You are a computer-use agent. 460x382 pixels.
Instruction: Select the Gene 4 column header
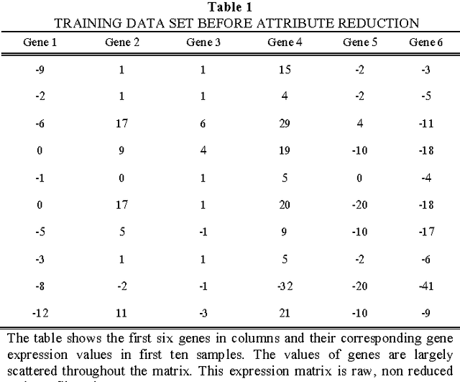point(285,42)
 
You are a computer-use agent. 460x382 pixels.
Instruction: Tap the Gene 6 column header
point(426,42)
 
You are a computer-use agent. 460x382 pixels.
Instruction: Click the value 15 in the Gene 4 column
point(285,70)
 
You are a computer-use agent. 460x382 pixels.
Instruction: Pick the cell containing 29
point(285,124)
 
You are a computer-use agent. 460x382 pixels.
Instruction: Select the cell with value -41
point(426,286)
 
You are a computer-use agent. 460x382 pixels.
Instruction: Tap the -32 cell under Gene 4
point(285,286)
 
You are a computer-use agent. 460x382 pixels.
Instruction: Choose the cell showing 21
point(285,313)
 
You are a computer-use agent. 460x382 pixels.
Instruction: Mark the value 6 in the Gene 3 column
point(203,124)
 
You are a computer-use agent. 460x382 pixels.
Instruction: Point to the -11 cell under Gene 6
point(426,124)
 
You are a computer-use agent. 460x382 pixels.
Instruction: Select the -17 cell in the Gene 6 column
point(426,232)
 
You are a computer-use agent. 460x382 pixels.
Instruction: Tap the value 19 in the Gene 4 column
point(285,151)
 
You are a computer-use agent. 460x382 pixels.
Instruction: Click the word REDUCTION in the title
point(379,24)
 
